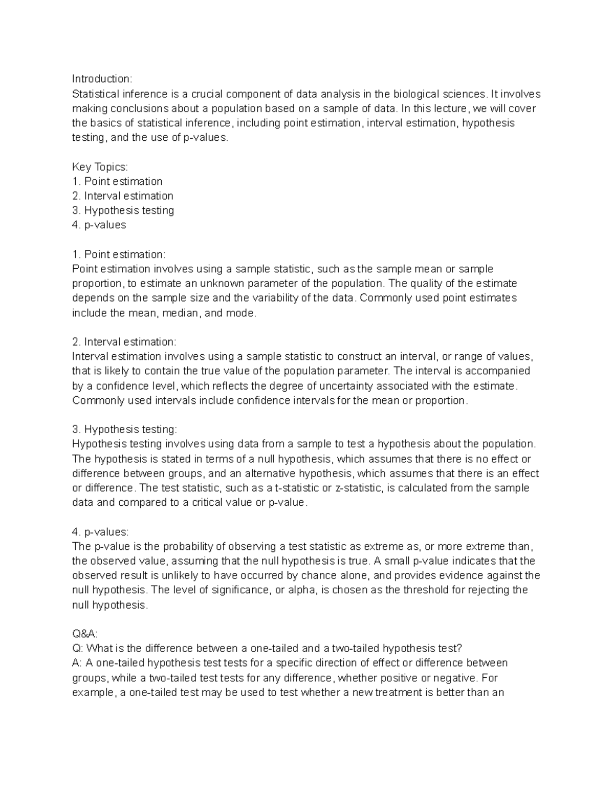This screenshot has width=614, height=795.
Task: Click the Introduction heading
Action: [102, 79]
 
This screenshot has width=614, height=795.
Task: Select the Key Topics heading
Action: [100, 167]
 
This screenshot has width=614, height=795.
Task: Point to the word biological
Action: [415, 94]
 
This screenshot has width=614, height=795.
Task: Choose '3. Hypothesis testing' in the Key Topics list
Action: [123, 210]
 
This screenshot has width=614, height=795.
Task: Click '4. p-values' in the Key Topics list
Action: [99, 225]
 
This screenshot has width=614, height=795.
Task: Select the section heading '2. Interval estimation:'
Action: [124, 342]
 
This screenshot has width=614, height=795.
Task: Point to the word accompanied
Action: [497, 371]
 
